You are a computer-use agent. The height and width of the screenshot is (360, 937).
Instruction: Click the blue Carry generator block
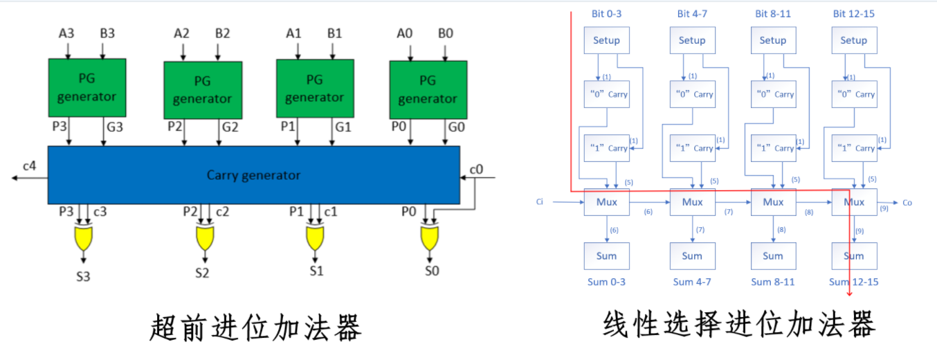click(x=253, y=174)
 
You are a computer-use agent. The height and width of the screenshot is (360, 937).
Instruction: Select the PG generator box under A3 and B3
click(x=87, y=88)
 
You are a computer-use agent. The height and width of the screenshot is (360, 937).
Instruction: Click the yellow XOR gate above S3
click(x=84, y=238)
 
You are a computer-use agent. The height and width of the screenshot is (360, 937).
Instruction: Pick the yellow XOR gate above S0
click(x=430, y=238)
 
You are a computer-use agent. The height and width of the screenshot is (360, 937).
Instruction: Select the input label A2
click(x=181, y=33)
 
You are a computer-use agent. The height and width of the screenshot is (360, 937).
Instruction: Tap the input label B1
click(x=334, y=33)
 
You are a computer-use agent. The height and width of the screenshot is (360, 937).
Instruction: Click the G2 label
click(x=229, y=127)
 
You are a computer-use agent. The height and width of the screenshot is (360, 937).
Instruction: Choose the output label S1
click(x=316, y=271)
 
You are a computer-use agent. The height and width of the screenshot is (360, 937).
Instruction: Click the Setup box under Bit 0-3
click(x=606, y=40)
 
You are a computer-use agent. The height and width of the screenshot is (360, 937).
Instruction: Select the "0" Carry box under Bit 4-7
click(x=692, y=94)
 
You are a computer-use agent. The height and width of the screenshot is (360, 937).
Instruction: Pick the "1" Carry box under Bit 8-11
click(x=773, y=148)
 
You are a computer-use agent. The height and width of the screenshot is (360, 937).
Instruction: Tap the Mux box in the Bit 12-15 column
click(x=854, y=202)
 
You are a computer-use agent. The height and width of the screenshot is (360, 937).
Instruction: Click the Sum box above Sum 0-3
click(x=606, y=256)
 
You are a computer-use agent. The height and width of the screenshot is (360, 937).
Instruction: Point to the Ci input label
click(x=540, y=202)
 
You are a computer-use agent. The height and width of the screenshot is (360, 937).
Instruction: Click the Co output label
click(x=907, y=203)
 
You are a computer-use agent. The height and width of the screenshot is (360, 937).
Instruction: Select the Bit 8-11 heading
click(x=772, y=14)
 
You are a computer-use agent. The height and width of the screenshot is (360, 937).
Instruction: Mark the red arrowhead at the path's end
click(x=849, y=294)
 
